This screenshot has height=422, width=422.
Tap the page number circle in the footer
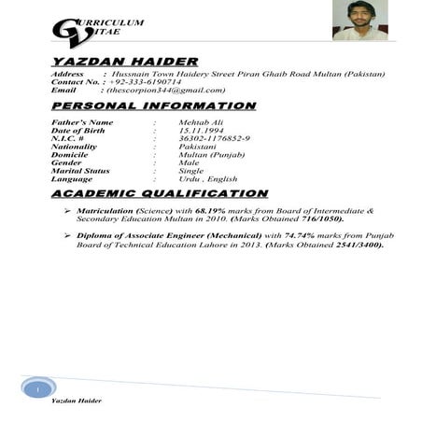(35, 387)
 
